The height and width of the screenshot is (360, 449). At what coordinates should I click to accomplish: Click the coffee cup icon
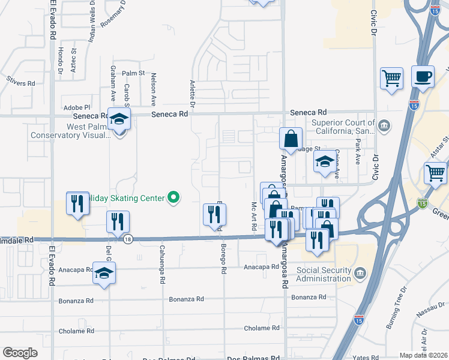tap(423, 76)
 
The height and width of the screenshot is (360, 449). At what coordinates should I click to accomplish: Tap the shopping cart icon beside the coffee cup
tap(391, 78)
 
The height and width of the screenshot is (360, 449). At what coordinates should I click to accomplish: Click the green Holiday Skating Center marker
tap(173, 197)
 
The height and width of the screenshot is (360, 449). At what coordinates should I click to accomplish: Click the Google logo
tap(20, 352)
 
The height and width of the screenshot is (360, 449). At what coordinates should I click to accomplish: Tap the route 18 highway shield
tap(128, 239)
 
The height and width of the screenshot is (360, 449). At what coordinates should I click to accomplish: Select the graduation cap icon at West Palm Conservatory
tap(119, 120)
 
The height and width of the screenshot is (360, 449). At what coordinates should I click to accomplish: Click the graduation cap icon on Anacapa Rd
tap(104, 273)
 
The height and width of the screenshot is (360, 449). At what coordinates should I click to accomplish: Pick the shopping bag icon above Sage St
tap(291, 139)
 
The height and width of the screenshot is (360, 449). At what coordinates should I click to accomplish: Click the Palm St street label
tap(134, 73)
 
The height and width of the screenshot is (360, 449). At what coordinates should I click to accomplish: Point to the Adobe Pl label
tap(76, 107)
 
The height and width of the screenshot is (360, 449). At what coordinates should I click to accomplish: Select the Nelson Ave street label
tap(154, 89)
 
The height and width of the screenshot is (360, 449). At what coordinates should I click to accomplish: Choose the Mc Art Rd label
tap(253, 216)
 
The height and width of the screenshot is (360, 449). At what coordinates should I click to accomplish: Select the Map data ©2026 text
tap(423, 355)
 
